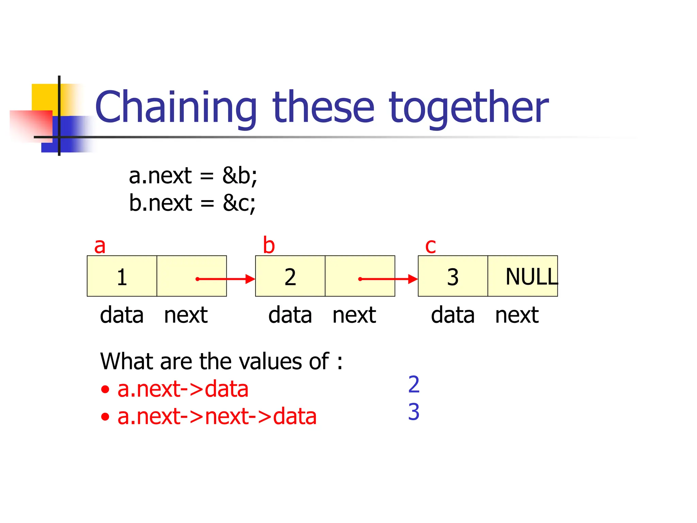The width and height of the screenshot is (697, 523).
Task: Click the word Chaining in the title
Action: point(176,107)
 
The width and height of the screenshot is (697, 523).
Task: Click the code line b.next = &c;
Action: point(192,203)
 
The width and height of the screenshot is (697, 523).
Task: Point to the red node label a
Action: point(100,246)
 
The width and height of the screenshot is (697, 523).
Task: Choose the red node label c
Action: point(430,246)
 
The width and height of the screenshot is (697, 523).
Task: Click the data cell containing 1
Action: point(122,276)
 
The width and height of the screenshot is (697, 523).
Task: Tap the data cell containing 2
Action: point(290,276)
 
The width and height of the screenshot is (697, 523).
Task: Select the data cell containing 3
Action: point(453,276)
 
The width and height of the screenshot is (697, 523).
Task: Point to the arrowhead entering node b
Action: point(251,279)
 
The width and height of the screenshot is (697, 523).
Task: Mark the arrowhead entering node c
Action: point(413,279)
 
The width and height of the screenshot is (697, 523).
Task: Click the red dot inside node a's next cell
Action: point(197,279)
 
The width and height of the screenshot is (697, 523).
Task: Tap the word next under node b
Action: point(354,315)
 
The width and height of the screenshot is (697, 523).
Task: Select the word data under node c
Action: point(453,315)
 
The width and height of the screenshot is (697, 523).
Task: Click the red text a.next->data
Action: point(183,389)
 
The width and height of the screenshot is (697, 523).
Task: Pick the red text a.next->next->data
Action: point(217,416)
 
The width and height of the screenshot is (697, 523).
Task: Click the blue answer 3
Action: point(414,412)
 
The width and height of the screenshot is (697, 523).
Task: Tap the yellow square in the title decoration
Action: point(44,97)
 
